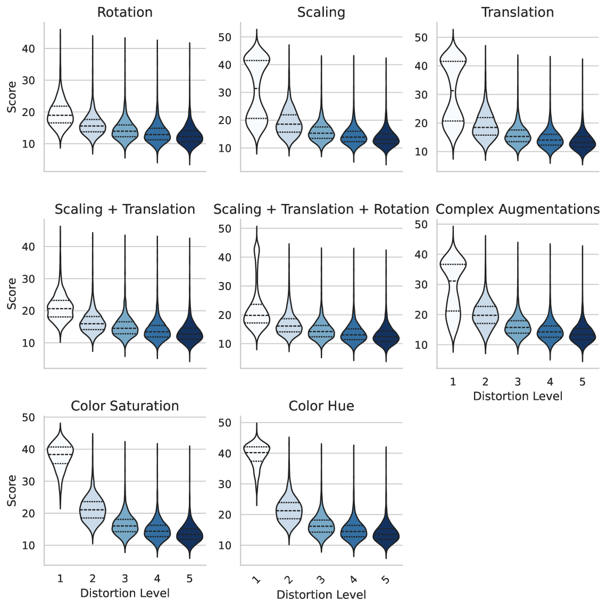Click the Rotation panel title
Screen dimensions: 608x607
click(124, 12)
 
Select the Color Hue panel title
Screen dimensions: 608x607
click(321, 406)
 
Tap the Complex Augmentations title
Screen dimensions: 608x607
click(518, 209)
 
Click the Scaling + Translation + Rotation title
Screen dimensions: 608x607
click(321, 209)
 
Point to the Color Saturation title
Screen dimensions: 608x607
click(124, 406)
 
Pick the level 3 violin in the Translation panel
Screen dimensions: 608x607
click(518, 137)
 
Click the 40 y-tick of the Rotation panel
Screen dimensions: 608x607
click(28, 48)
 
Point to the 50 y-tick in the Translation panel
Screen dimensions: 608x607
click(421, 37)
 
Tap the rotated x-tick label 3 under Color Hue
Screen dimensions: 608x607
click(321, 580)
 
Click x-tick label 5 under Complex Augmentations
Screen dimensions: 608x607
click(583, 382)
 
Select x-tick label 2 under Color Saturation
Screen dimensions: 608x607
click(93, 579)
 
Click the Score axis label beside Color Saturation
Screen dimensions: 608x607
click(12, 490)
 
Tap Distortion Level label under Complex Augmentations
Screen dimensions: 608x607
click(518, 396)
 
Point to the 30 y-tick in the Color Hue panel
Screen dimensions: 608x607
click(224, 484)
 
